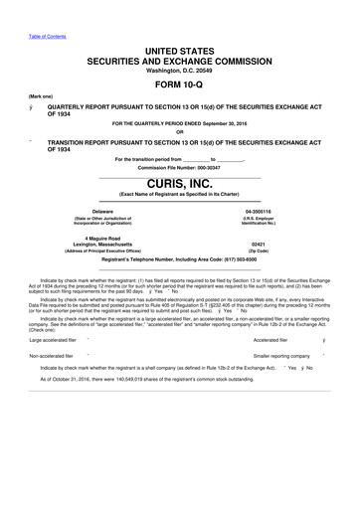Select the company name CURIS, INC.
180,185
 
